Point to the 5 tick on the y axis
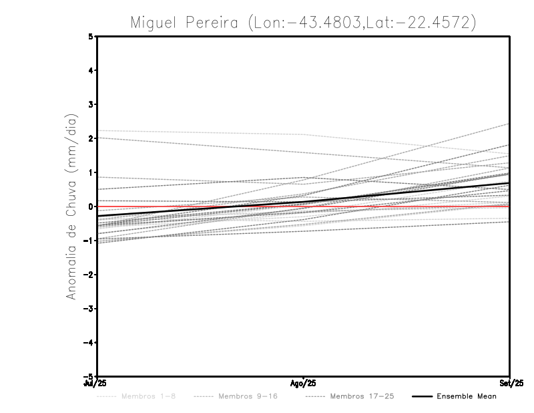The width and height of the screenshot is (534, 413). click(91, 37)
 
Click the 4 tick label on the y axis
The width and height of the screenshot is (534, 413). click(91, 70)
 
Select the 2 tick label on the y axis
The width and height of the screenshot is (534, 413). click(91, 138)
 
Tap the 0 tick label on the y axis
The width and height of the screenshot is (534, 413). click(91, 206)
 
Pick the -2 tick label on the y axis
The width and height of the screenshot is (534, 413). click(89, 275)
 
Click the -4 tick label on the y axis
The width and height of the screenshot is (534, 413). click(89, 343)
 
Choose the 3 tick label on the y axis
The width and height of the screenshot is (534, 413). click(91, 104)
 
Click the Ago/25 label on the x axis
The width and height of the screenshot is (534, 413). click(304, 383)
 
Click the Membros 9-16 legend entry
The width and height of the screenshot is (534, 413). click(248, 396)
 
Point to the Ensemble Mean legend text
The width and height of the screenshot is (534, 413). click(466, 396)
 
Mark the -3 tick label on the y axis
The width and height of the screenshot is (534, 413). click(89, 309)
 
